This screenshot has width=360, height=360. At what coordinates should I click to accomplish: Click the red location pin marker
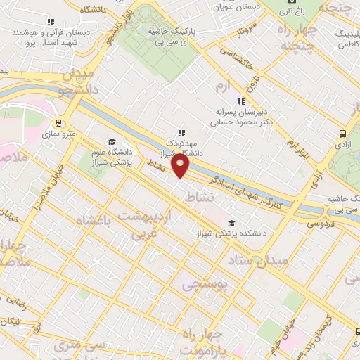[x=181, y=166]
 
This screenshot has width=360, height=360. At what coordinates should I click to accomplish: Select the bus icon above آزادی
[x=342, y=133]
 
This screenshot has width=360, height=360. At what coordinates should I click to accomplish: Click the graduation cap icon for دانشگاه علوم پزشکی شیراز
[x=112, y=142]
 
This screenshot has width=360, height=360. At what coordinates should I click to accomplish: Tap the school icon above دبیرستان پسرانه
[x=241, y=101]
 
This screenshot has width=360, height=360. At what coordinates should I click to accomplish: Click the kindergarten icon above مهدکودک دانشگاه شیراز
[x=181, y=132]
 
